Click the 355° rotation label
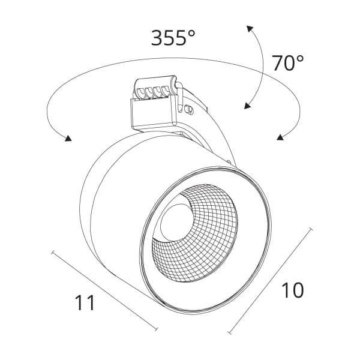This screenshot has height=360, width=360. pos(173,38)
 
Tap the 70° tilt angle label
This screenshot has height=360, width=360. pos(288,62)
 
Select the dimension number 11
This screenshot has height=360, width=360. pos(85,302)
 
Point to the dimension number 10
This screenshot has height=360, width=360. pos(293,290)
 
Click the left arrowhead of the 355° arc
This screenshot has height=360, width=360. pos(68,138)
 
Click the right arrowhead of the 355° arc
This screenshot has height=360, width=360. pos(280,137)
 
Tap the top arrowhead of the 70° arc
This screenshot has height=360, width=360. pos(250,29)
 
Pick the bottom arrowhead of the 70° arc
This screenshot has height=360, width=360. pos(247,106)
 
